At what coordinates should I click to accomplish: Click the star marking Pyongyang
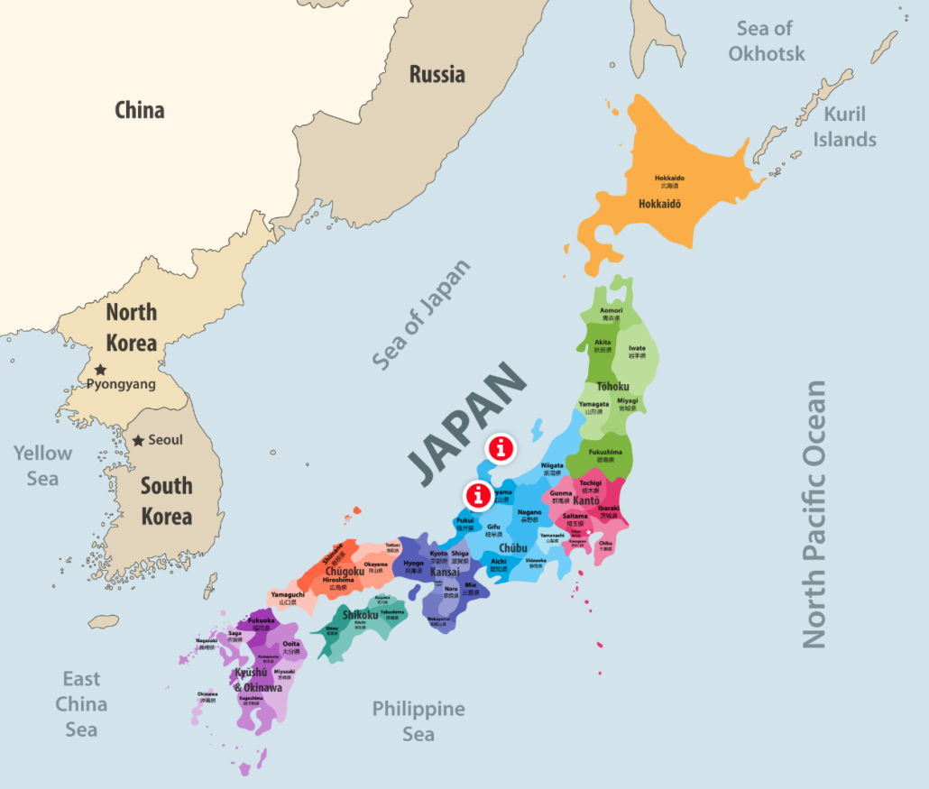point(100,369)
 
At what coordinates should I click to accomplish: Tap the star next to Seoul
point(138,440)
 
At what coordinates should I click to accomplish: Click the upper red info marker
point(501,446)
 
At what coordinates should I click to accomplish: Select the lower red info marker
point(478,494)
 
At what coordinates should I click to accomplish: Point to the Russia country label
point(437,74)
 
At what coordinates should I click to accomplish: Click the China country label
point(140,111)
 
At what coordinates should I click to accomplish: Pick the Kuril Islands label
point(844,126)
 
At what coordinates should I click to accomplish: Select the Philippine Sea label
point(419,720)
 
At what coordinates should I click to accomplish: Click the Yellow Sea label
point(42,465)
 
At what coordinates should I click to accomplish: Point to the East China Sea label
point(81,703)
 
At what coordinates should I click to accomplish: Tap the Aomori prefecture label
point(612,311)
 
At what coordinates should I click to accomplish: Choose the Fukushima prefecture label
point(604,453)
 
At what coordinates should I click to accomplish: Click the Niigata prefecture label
point(553,467)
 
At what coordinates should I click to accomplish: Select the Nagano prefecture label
point(530,513)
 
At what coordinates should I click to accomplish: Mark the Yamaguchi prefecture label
point(289,595)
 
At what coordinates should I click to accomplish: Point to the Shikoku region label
point(359,616)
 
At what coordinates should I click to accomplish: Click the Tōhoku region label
point(612,387)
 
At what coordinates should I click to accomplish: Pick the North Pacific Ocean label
point(814,514)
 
